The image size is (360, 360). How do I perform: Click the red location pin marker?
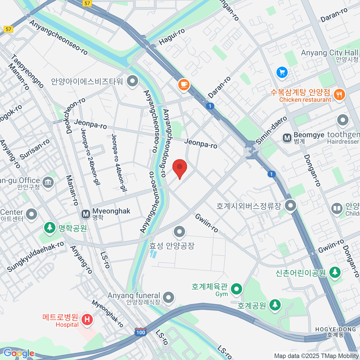click(180, 167)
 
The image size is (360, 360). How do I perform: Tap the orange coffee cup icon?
click(184, 84)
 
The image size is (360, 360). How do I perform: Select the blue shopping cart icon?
click(282, 72)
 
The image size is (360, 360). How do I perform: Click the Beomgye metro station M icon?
click(287, 138)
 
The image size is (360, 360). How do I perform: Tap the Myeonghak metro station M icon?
click(86, 214)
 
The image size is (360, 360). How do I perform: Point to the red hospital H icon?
click(87, 319)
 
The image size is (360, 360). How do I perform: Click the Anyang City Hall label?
click(329, 53)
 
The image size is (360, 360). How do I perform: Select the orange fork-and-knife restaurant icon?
click(339, 94)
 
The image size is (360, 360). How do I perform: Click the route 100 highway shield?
click(140, 332)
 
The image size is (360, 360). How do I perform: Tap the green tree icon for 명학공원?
click(50, 228)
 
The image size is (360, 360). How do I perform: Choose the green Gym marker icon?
click(237, 289)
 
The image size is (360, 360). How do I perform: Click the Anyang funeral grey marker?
click(169, 298)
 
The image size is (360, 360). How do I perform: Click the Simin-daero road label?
click(271, 130)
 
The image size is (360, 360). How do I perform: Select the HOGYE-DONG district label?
click(335, 329)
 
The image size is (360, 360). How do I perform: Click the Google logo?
click(19, 353)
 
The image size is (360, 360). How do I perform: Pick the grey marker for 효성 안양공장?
click(179, 231)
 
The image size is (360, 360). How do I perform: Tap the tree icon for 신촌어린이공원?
click(335, 272)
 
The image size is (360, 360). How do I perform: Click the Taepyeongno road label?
click(27, 71)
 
